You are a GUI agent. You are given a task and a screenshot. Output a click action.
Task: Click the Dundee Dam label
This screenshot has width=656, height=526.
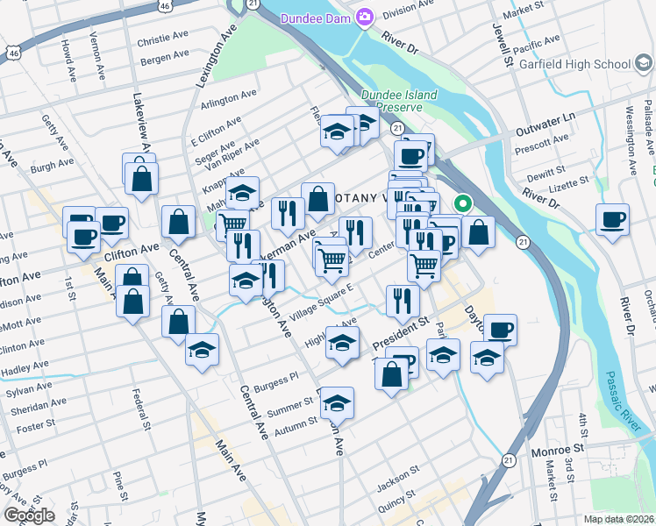click(316, 18)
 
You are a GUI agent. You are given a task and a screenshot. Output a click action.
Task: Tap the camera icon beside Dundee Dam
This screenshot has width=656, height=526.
click(365, 18)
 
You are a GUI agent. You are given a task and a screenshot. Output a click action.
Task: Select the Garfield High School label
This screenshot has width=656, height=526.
click(574, 64)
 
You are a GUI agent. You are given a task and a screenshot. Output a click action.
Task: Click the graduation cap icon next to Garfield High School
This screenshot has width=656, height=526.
click(643, 64)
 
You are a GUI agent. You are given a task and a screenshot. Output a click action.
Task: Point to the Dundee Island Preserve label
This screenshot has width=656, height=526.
click(392, 100)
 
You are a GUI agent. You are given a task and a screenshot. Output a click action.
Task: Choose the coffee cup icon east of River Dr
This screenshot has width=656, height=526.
click(611, 218)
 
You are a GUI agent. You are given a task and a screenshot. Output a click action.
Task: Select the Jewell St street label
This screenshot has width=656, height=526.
click(507, 47)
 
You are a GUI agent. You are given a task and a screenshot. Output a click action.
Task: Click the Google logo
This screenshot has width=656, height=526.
click(30, 515)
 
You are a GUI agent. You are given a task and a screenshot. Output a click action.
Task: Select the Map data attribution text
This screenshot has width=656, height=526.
click(619, 519)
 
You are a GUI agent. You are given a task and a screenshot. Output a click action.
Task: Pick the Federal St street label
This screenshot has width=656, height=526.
click(137, 404)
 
